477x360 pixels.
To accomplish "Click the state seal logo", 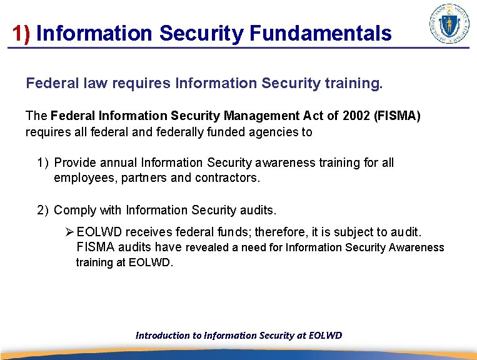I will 449,24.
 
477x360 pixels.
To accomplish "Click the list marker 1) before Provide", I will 43,162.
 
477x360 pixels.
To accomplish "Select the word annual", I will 117,162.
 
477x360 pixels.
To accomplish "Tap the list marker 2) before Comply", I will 43,210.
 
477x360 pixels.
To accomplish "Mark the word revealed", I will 208,247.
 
